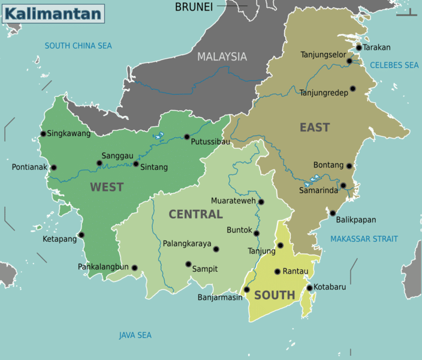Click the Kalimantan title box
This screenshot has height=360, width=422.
tap(53, 13)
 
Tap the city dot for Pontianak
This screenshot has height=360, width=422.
tap(54, 168)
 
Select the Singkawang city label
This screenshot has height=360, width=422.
tap(68, 134)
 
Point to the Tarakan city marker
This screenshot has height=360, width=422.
tap(358, 47)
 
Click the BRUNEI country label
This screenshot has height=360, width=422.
tap(194, 7)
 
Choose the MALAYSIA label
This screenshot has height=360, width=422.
tap(222, 56)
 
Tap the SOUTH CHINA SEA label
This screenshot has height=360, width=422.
tap(78, 46)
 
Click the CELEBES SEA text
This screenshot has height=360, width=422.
tap(394, 65)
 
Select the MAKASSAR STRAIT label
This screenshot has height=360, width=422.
tap(364, 239)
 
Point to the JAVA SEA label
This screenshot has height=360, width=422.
tap(135, 335)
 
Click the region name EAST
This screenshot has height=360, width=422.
tap(315, 127)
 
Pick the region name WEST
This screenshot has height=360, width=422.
tap(107, 187)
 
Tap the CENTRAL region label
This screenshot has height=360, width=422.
tap(195, 214)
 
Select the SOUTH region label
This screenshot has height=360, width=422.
tap(275, 295)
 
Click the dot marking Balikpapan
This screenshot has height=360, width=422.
tap(333, 213)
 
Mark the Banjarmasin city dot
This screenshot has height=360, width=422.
tap(246, 290)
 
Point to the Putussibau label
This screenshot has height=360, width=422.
tap(210, 142)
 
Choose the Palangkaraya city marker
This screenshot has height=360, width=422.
tap(216, 249)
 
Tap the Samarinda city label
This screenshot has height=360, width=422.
tap(319, 191)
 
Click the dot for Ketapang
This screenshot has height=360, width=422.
tap(82, 235)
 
